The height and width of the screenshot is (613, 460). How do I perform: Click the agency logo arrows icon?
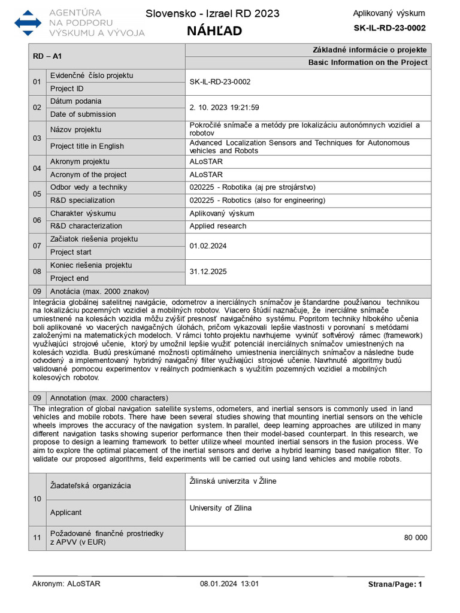(x=28, y=22)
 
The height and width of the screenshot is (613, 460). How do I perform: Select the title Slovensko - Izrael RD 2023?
(x=212, y=14)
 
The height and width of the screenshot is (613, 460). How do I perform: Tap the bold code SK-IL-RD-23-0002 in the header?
(x=389, y=28)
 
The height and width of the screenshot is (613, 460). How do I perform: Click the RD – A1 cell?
(x=48, y=56)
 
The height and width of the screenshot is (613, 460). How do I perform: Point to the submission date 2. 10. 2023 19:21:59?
(x=224, y=108)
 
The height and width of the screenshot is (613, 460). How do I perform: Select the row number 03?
(x=37, y=138)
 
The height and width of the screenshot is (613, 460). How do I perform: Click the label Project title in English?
(x=87, y=146)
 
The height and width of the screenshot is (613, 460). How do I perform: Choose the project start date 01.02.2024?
(x=208, y=245)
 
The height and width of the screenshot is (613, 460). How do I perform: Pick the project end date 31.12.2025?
(x=208, y=272)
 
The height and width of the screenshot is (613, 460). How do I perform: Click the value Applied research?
(x=218, y=226)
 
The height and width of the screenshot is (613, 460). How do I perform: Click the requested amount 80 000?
(x=416, y=538)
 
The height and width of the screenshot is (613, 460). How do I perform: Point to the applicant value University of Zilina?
(x=220, y=508)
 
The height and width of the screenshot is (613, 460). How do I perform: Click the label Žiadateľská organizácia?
(x=90, y=486)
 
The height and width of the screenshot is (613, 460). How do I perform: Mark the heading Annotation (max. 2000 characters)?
(x=109, y=398)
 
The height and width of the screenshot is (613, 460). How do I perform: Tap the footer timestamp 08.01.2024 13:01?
(x=229, y=584)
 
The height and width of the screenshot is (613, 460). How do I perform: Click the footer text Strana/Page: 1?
(x=395, y=584)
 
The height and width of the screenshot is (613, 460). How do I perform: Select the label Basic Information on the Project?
(x=368, y=62)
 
